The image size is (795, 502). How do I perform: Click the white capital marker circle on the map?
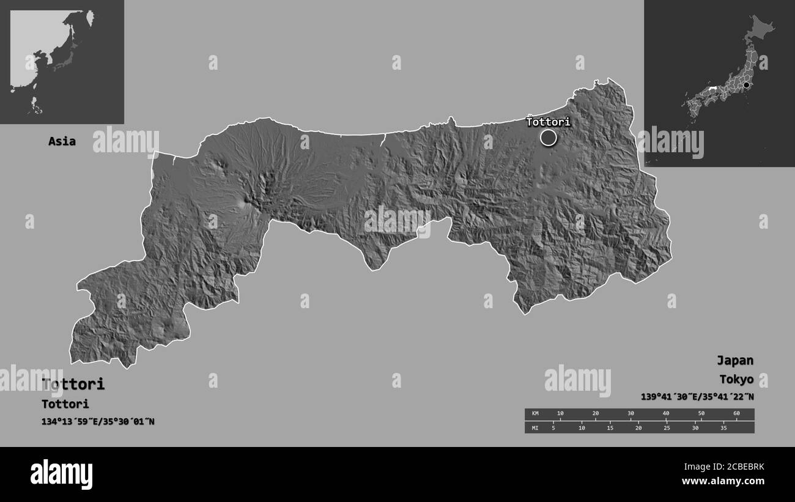click(549, 138)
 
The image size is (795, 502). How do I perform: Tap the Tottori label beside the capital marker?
click(548, 122)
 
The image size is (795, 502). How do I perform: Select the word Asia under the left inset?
click(62, 141)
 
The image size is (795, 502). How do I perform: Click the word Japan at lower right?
click(736, 360)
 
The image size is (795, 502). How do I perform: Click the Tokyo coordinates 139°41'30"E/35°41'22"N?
click(697, 397)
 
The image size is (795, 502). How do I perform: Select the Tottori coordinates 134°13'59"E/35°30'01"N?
click(98, 421)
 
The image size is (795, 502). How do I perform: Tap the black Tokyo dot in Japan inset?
click(746, 85)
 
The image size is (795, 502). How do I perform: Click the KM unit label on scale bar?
click(535, 414)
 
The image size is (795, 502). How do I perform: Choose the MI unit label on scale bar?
click(535, 427)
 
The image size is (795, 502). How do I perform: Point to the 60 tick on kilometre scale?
click(736, 414)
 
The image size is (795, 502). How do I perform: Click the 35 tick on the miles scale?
click(723, 427)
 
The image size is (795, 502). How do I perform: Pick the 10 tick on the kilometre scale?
click(560, 414)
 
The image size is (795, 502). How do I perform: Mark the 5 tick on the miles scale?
click(553, 427)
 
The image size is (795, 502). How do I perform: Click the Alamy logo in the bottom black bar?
click(61, 474)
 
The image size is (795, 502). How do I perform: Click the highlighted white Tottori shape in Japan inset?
click(712, 89)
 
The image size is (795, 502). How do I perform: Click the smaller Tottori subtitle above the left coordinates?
click(65, 404)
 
